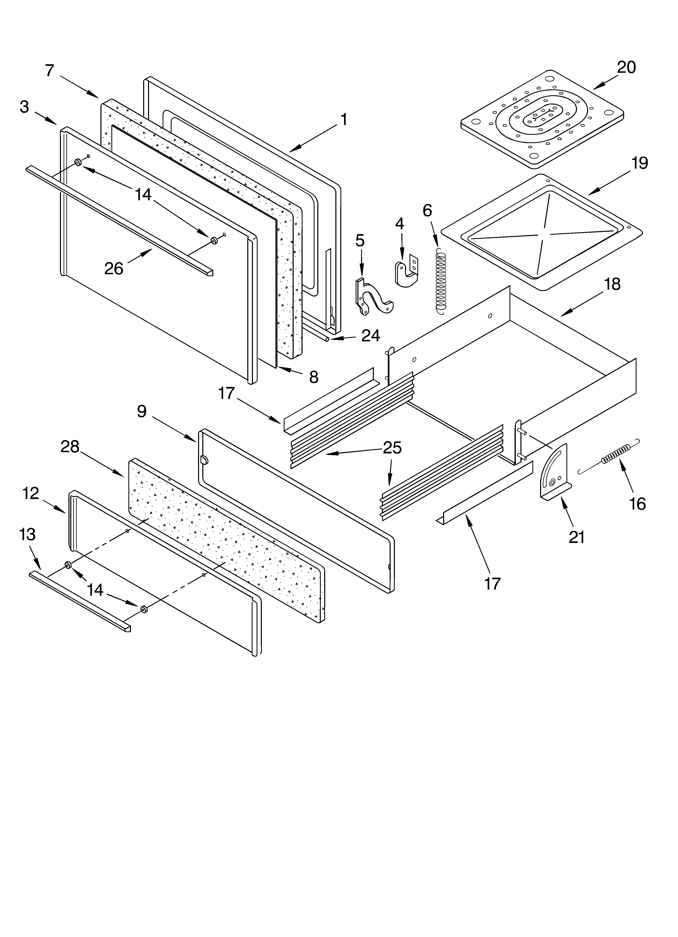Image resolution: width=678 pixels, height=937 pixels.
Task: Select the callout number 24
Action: [x=370, y=335]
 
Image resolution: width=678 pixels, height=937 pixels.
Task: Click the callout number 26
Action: [x=114, y=269]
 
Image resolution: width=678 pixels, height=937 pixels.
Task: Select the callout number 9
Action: [x=142, y=411]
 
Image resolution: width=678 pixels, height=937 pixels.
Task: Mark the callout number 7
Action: [x=50, y=71]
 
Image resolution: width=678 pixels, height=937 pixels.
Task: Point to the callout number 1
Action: [x=343, y=120]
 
